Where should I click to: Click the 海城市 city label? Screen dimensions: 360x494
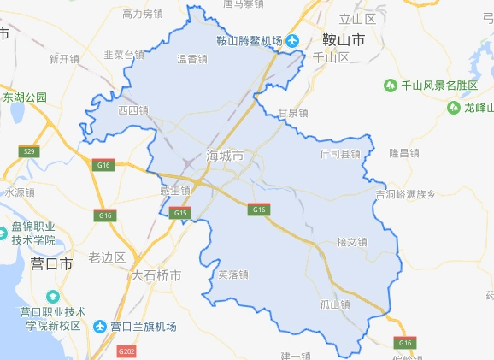click(225, 156)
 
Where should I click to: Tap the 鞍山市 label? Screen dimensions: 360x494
click(344, 39)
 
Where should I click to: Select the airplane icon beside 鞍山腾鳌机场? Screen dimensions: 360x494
click(292, 40)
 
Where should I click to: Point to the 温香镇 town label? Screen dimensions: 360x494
click(192, 59)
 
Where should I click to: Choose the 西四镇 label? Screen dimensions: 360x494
click(133, 110)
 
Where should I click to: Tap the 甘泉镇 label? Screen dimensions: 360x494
click(293, 113)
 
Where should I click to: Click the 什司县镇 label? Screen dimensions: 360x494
click(339, 155)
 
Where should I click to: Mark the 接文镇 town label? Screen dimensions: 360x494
click(351, 242)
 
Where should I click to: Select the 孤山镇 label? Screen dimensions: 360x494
click(335, 304)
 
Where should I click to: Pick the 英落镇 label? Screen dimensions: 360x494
click(232, 274)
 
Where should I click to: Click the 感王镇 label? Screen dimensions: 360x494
click(175, 190)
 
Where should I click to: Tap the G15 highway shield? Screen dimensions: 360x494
click(180, 212)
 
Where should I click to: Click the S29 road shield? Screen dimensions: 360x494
click(31, 151)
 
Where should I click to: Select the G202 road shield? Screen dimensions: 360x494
click(127, 351)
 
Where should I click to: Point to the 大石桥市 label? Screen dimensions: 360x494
click(156, 275)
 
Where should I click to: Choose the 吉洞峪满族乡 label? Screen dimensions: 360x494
click(405, 194)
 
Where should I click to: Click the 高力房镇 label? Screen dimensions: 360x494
click(143, 14)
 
